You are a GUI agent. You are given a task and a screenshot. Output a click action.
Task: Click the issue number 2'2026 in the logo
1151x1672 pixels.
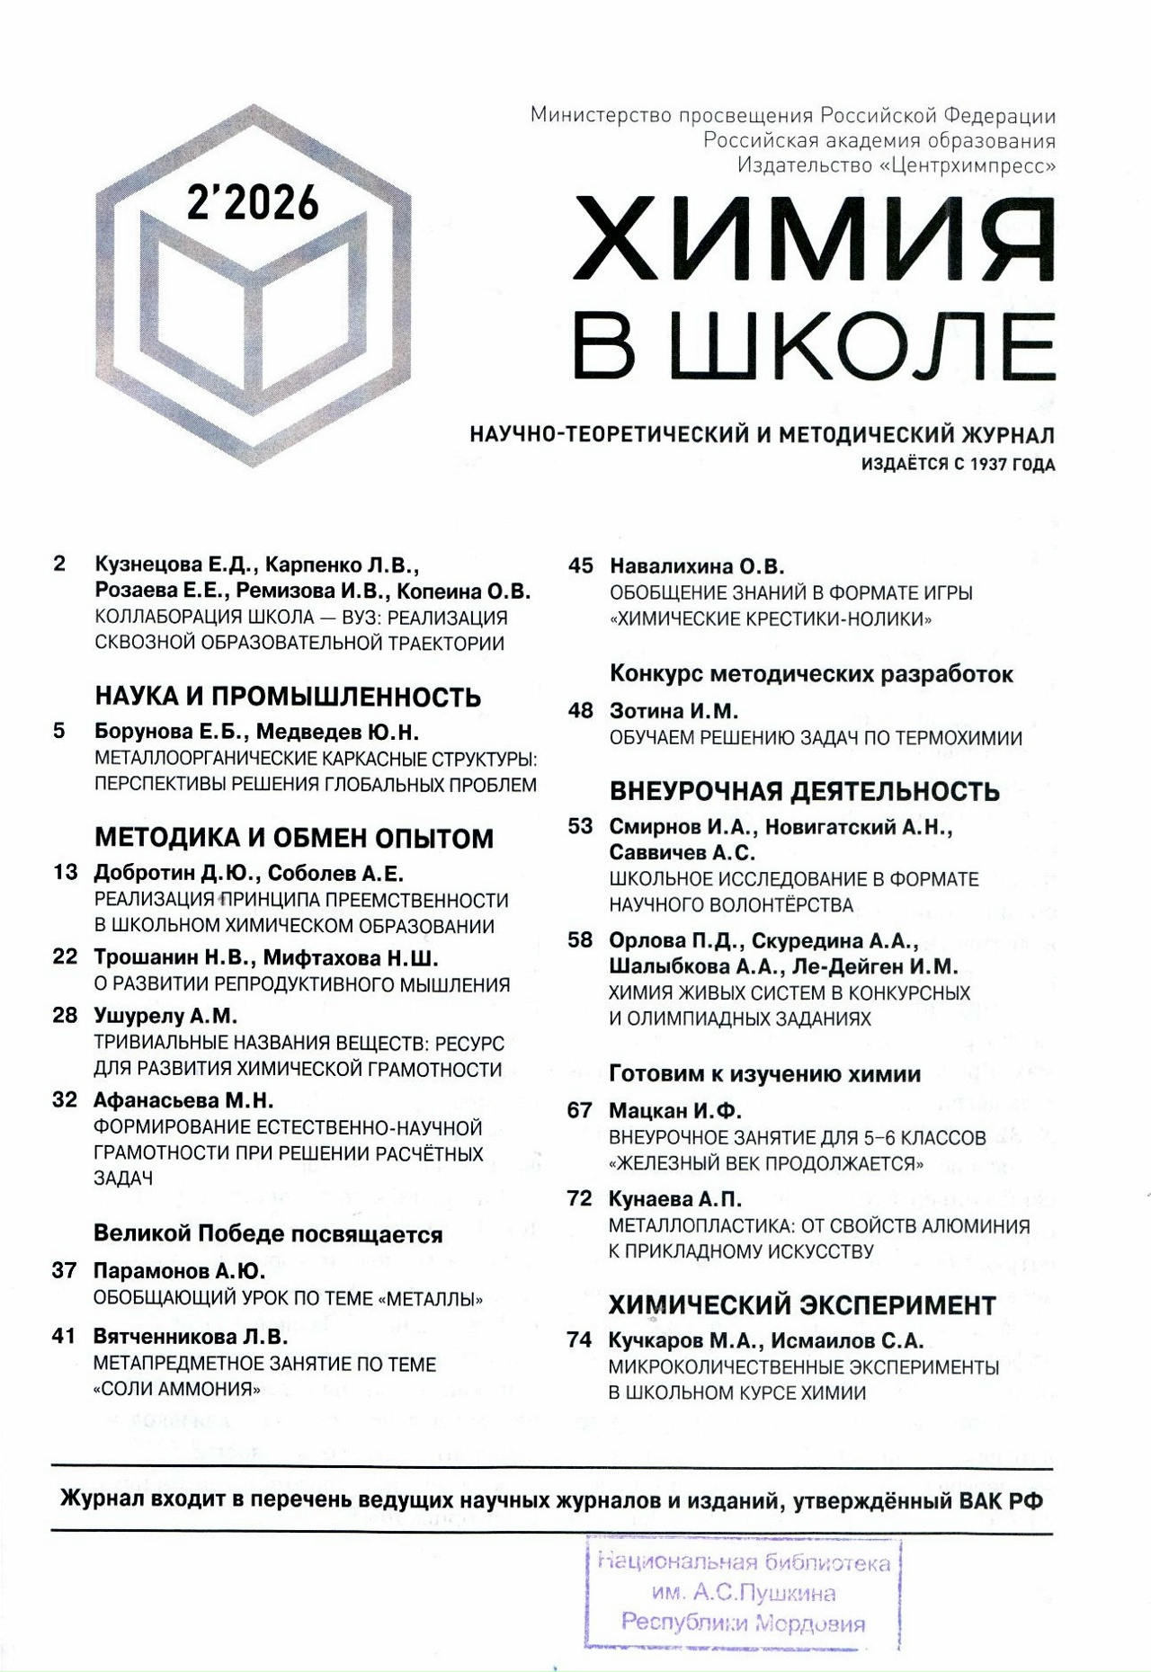253,202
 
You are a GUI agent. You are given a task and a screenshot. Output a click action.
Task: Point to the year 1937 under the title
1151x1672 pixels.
983,465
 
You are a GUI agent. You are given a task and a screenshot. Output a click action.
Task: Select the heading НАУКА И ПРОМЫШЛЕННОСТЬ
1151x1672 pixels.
288,697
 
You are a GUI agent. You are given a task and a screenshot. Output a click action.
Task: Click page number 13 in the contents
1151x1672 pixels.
66,873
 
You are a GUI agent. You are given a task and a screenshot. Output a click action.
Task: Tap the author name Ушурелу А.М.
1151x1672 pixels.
165,1016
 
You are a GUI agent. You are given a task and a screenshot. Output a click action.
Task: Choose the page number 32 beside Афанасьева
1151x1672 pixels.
65,1100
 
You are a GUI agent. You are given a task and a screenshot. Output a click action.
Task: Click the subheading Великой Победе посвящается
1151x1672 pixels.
268,1233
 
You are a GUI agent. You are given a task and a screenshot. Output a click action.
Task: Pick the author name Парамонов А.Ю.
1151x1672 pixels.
180,1271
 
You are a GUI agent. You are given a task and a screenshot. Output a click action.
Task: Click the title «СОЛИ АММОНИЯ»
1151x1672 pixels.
177,1389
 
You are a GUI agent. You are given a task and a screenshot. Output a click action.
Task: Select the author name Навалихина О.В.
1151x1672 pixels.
697,566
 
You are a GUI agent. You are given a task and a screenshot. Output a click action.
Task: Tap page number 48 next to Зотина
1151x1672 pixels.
581,711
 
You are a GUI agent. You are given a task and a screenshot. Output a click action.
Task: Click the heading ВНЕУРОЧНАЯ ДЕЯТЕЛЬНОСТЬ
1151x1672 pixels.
805,791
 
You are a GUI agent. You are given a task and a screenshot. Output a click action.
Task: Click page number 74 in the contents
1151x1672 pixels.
580,1340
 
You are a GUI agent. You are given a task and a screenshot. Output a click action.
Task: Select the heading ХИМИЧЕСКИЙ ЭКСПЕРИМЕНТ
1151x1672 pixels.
802,1304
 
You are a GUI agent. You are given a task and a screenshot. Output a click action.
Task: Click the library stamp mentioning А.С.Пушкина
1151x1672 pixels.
743,1594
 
